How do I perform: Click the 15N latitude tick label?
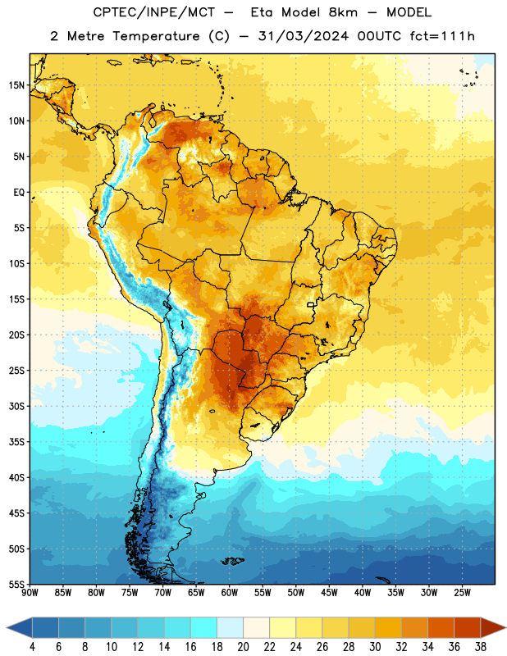point(16,85)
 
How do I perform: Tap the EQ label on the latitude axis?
point(19,193)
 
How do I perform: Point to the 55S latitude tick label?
point(16,584)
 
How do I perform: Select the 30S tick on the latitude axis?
point(16,406)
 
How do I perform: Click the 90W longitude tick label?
point(30,593)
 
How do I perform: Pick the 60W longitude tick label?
point(230,593)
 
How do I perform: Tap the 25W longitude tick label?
point(462,593)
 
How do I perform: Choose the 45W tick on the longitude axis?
point(329,593)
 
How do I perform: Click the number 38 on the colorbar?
point(481,647)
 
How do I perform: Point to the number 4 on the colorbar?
point(32,647)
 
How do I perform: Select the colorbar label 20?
point(243,647)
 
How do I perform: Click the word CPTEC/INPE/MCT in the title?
point(153,12)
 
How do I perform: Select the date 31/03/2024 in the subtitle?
point(303,36)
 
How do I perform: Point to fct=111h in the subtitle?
point(442,36)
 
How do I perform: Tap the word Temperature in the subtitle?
point(156,37)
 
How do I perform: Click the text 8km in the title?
point(343,12)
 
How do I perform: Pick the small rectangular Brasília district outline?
point(311,304)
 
